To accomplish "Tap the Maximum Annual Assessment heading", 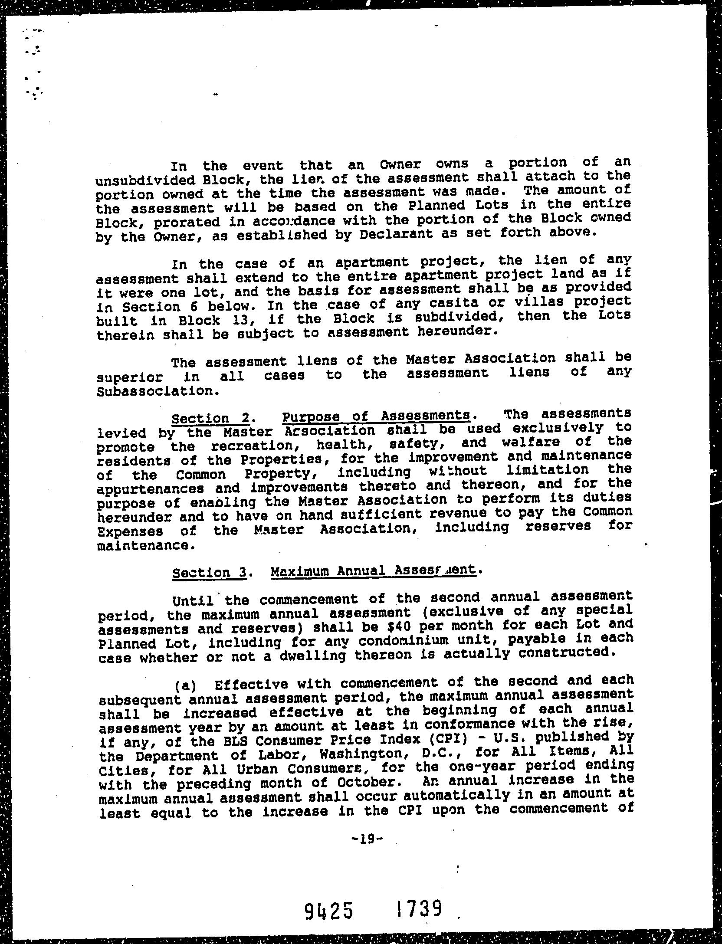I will (373, 570).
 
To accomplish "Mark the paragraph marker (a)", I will (185, 685).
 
